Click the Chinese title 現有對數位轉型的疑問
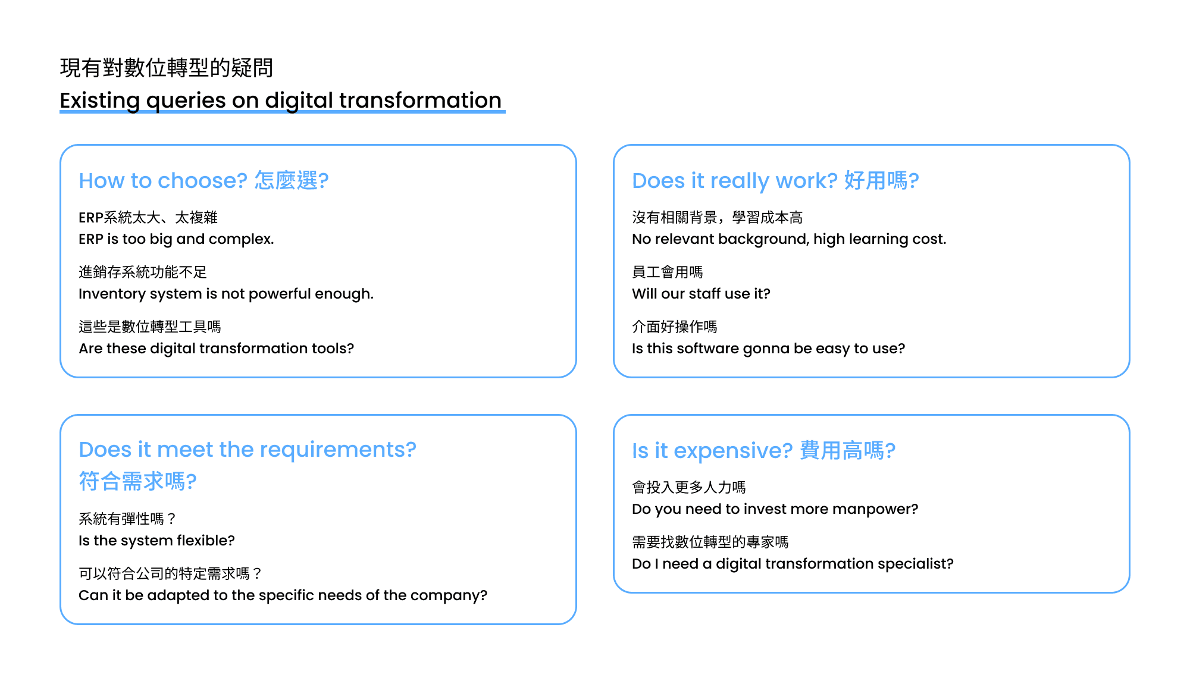click(x=167, y=68)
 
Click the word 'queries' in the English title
click(x=186, y=101)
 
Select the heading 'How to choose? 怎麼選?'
click(x=203, y=180)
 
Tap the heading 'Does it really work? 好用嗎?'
click(x=775, y=180)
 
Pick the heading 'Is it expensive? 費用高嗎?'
click(x=763, y=450)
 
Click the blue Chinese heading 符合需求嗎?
click(x=137, y=481)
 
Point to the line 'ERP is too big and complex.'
click(x=176, y=239)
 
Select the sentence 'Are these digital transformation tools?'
click(x=216, y=349)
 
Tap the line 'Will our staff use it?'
click(x=701, y=294)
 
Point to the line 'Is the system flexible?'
click(x=156, y=541)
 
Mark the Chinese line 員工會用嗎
click(x=667, y=272)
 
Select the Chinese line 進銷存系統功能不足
click(x=143, y=272)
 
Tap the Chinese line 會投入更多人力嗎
click(x=688, y=488)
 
